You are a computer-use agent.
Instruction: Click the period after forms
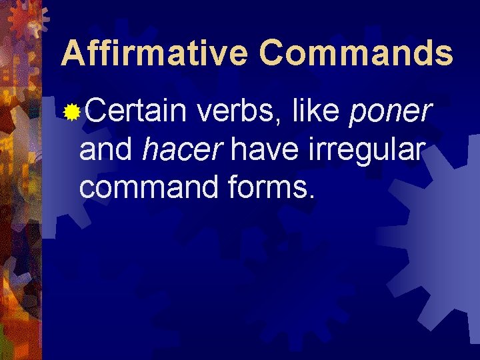coord(311,197)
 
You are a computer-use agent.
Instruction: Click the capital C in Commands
coord(275,53)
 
